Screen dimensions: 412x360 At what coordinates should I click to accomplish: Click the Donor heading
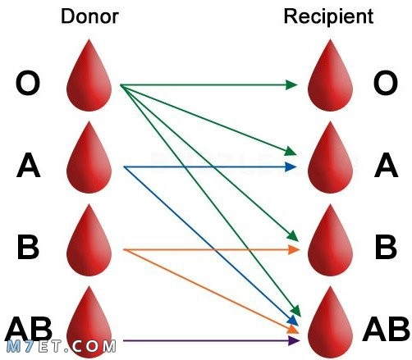[89, 16]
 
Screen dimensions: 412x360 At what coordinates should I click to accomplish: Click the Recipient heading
[328, 17]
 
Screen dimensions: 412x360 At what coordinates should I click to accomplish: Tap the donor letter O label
[28, 83]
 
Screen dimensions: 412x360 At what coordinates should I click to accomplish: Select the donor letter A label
[28, 165]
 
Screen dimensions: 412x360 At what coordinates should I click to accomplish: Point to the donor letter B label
[28, 247]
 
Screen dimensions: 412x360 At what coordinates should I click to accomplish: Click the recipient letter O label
[386, 83]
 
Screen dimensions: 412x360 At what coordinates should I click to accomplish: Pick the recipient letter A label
[386, 165]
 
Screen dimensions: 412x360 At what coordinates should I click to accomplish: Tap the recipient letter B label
[386, 247]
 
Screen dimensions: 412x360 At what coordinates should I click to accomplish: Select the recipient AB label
[387, 329]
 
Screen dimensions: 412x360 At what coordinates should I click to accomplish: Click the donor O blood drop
[89, 75]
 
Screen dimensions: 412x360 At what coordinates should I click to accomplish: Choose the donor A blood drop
[89, 157]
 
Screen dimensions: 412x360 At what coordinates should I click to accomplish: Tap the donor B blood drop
[89, 240]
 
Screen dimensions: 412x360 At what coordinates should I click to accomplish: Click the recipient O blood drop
[330, 75]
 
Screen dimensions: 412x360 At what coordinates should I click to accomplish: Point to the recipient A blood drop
[330, 157]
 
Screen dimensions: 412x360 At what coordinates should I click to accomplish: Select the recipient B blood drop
[330, 240]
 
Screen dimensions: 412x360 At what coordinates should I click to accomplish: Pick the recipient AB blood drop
[330, 322]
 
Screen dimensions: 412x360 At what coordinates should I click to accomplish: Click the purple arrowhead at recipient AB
[294, 340]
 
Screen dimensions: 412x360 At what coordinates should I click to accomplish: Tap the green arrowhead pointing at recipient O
[291, 84]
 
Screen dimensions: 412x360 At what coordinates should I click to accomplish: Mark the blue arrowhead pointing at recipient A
[291, 166]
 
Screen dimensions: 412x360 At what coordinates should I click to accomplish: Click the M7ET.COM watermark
[62, 347]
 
